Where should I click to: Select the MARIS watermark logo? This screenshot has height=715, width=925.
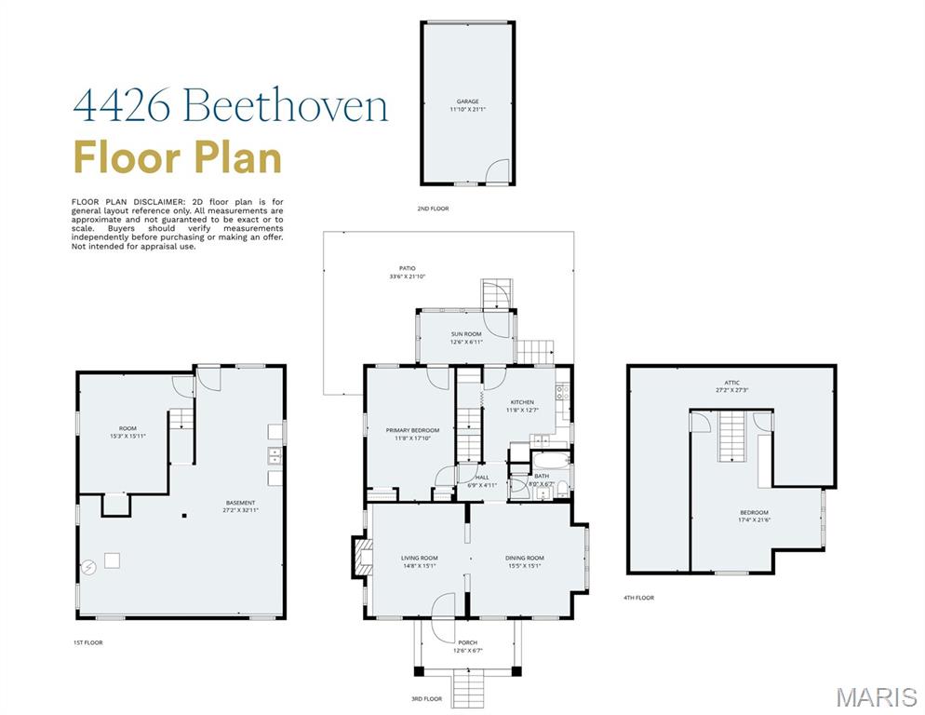point(876,696)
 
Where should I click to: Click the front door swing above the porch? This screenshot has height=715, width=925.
point(445,606)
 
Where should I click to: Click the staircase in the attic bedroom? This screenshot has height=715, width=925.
point(732,437)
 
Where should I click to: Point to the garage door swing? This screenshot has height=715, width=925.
point(500,171)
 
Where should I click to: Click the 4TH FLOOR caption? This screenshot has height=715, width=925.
point(638,598)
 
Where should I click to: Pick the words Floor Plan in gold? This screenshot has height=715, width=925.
point(178,156)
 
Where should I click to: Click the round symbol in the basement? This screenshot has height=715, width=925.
point(88,566)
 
